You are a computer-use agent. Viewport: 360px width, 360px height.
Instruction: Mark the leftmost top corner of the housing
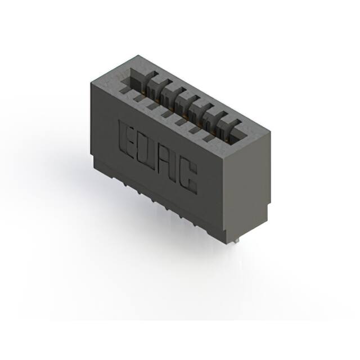pyautogui.click(x=89, y=83)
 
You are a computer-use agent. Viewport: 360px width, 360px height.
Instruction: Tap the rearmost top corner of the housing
pyautogui.click(x=137, y=55)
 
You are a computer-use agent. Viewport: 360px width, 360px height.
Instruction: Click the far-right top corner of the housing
pyautogui.click(x=271, y=133)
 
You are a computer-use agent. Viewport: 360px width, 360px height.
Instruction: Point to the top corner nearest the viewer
pyautogui.click(x=223, y=161)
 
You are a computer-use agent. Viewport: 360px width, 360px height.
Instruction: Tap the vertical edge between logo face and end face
pyautogui.click(x=223, y=197)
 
